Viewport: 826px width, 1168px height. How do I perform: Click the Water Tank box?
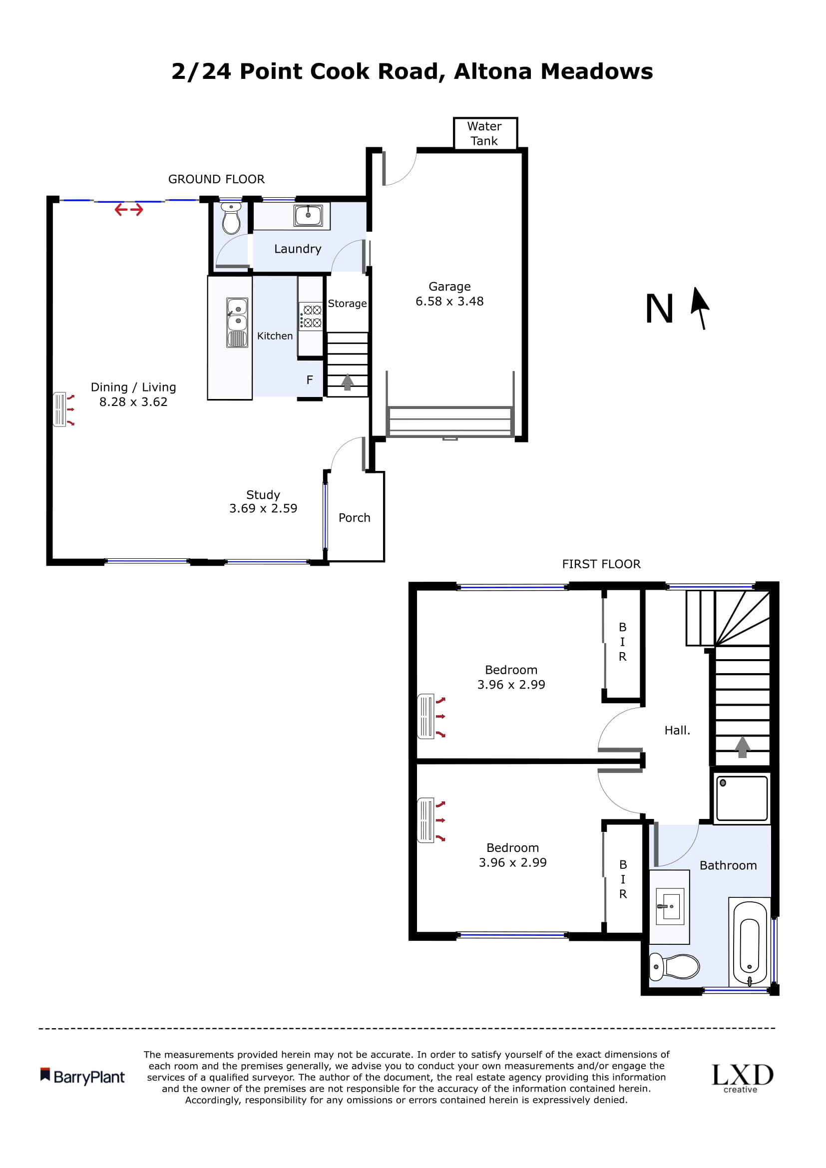[x=485, y=133]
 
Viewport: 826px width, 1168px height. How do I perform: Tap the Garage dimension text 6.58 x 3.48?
[x=449, y=301]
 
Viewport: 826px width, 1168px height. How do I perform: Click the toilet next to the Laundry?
[x=231, y=219]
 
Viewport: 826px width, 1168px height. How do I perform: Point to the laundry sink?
[x=308, y=215]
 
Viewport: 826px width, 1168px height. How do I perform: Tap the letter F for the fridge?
[x=309, y=380]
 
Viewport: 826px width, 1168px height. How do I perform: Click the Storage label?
[x=347, y=304]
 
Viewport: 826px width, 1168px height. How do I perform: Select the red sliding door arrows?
[x=129, y=209]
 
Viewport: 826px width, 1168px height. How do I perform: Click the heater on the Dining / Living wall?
[x=60, y=409]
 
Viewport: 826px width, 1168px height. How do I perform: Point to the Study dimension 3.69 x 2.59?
[x=263, y=508]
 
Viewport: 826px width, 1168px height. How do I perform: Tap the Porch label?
[x=355, y=518]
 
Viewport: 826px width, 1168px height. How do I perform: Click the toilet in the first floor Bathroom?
[x=674, y=967]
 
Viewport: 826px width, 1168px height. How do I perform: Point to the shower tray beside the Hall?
[x=742, y=798]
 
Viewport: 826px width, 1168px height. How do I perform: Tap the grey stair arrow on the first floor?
[x=742, y=747]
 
